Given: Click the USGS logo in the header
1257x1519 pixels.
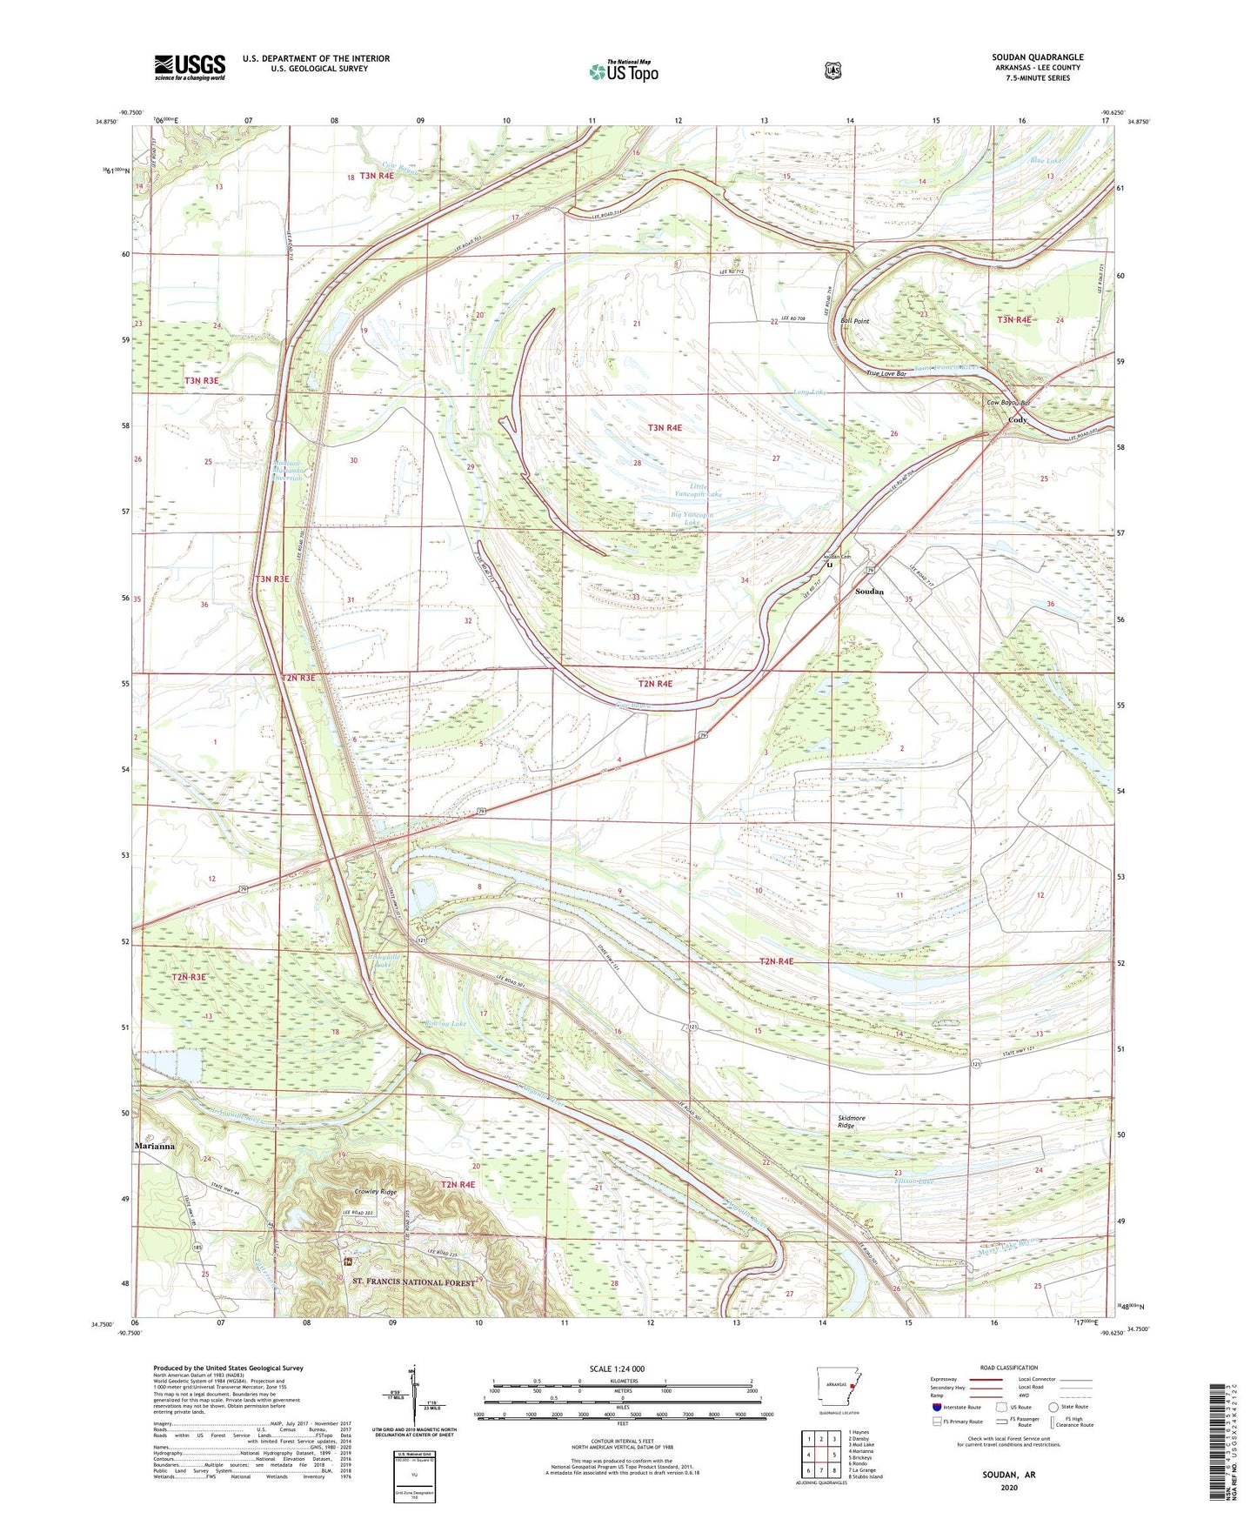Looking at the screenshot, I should (190, 67).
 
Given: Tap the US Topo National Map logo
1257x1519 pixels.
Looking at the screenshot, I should (623, 70).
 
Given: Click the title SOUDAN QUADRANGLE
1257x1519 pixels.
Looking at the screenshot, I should (1037, 57).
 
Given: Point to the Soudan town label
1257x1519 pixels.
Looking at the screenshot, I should (869, 592).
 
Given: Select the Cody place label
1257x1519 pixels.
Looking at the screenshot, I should (1017, 420).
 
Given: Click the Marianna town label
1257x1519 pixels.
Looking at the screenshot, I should (155, 1147).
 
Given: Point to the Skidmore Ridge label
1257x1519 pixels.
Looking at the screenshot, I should (846, 1121).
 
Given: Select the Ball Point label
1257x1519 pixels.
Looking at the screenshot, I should (854, 321).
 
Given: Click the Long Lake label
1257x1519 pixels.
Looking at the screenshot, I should (809, 392).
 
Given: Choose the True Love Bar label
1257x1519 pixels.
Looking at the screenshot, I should (886, 373).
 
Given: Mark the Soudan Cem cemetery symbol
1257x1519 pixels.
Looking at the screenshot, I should (829, 565).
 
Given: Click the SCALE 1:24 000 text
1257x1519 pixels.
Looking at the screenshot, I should (617, 1368).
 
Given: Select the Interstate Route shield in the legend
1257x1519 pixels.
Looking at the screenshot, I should (936, 1407).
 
